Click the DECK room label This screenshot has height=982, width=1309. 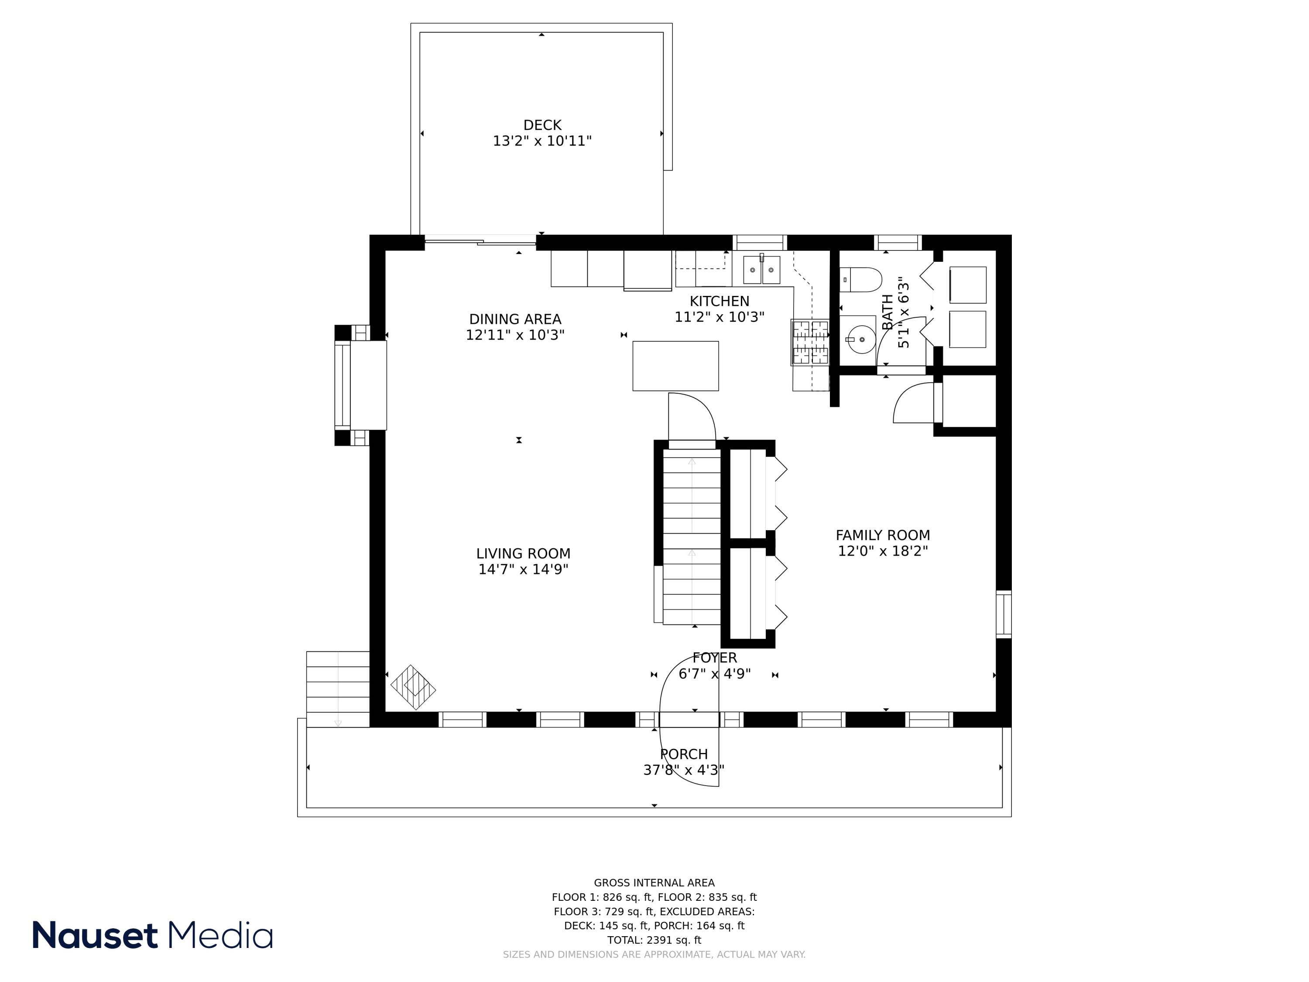pyautogui.click(x=542, y=126)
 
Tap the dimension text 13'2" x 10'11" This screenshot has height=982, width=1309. pyautogui.click(x=542, y=141)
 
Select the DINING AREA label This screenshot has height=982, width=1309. pyautogui.click(x=515, y=319)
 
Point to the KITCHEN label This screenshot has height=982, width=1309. pyautogui.click(x=719, y=301)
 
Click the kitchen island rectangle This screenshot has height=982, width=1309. pyautogui.click(x=675, y=366)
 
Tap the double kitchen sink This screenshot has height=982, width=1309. pyautogui.click(x=761, y=270)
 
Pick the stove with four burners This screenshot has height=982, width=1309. pyautogui.click(x=810, y=342)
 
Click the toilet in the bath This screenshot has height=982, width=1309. pyautogui.click(x=861, y=279)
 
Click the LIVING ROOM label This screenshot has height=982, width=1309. pyautogui.click(x=523, y=554)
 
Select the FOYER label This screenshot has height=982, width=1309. pyautogui.click(x=714, y=658)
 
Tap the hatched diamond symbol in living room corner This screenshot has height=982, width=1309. pyautogui.click(x=413, y=687)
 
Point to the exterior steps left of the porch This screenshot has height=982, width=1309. pyautogui.click(x=338, y=689)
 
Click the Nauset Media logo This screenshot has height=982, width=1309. pyautogui.click(x=153, y=936)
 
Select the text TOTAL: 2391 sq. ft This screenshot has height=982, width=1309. pyautogui.click(x=654, y=940)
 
